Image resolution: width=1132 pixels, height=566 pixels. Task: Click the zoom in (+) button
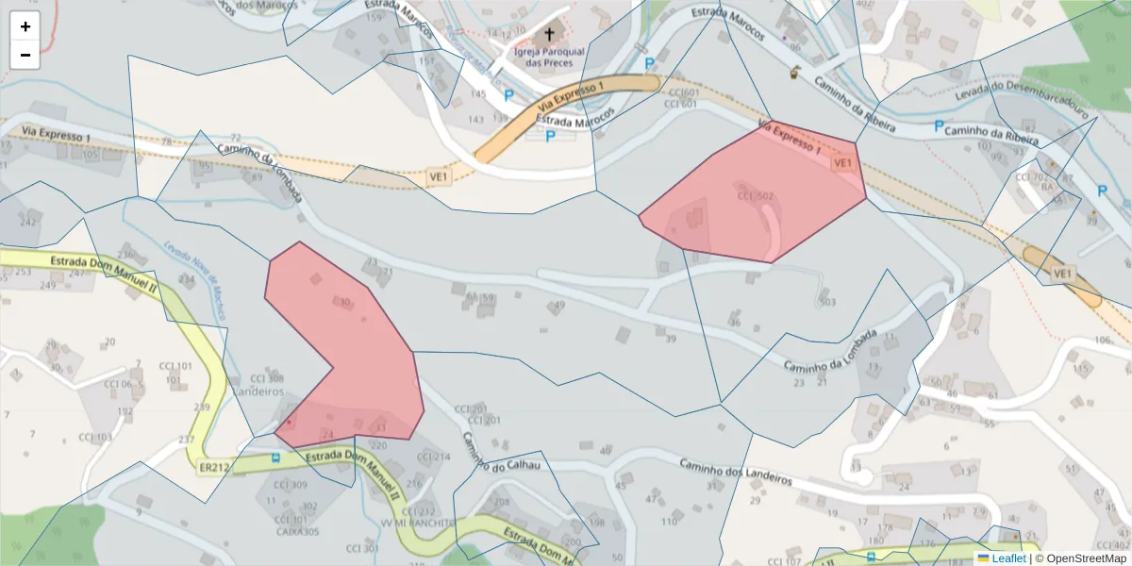pos(25,26)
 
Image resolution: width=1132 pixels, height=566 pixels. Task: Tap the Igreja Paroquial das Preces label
pos(549,58)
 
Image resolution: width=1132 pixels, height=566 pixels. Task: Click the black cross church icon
pos(549,33)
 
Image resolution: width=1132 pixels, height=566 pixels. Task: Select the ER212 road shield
pos(214,467)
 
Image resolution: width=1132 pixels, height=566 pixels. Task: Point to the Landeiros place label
pos(258,391)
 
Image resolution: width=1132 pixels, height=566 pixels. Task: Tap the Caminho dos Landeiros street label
pos(735,471)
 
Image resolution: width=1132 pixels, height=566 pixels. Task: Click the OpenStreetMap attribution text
pos(1080,558)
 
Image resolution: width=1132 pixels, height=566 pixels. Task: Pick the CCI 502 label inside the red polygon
pos(755,196)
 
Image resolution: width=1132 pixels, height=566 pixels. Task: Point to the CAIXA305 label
pos(297,531)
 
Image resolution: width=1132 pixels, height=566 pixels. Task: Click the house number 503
pos(827,302)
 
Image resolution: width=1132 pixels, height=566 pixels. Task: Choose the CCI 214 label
pos(434,457)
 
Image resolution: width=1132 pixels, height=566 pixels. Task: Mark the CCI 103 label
pos(95,438)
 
